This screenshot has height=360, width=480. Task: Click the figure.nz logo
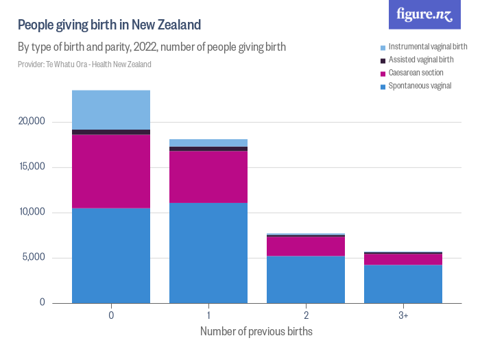(x=424, y=14)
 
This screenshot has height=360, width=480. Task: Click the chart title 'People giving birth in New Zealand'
(x=109, y=25)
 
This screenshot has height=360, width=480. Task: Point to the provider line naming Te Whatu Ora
(x=84, y=64)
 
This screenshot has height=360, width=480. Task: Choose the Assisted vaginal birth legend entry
(x=418, y=60)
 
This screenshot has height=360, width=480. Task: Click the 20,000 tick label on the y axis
(x=31, y=121)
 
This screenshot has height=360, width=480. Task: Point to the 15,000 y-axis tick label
(x=31, y=167)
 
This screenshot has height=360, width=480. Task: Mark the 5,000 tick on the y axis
(x=33, y=258)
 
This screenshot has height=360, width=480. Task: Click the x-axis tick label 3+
(x=403, y=316)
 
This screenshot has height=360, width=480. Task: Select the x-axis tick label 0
(x=111, y=316)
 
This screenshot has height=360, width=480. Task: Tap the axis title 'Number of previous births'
(x=256, y=332)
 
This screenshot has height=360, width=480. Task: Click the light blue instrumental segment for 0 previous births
(x=111, y=110)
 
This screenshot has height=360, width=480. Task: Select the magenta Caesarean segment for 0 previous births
(x=111, y=171)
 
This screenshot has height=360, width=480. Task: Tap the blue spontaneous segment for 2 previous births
(x=306, y=279)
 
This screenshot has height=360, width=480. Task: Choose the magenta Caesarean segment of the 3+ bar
(x=403, y=259)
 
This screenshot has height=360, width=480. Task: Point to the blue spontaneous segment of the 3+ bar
(x=403, y=284)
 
